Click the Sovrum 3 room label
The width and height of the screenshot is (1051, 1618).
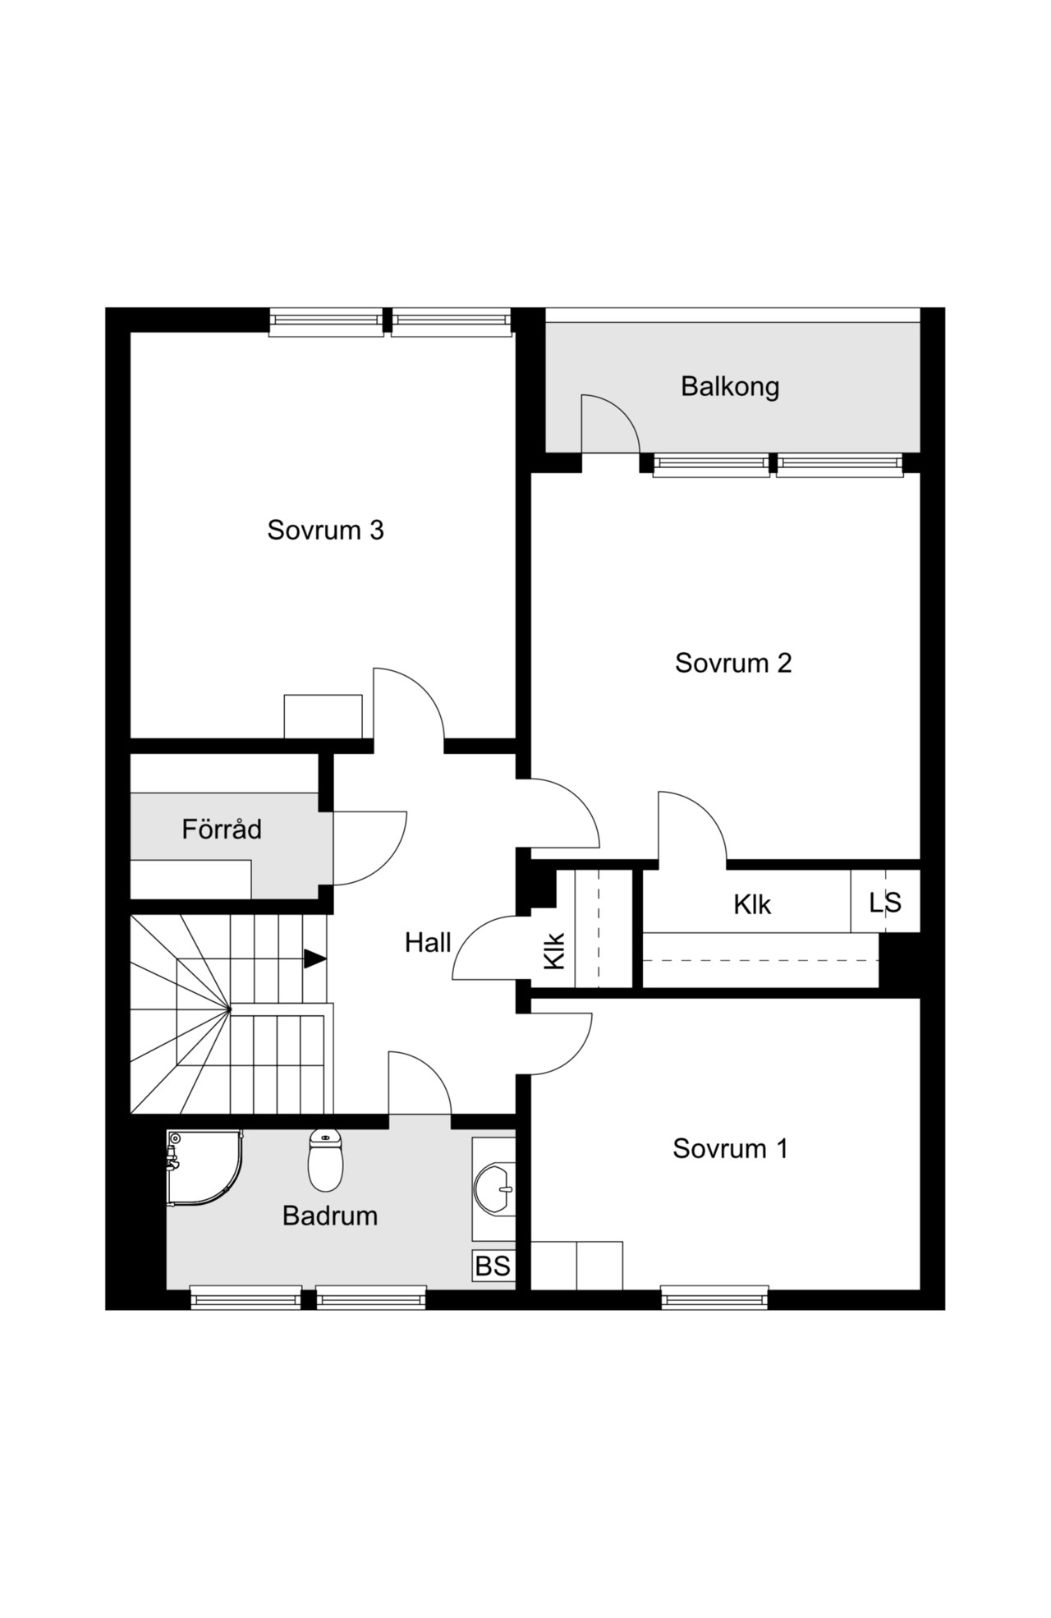(x=325, y=530)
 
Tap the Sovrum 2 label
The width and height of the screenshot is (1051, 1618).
(x=733, y=663)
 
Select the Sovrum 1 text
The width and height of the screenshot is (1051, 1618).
(x=730, y=1148)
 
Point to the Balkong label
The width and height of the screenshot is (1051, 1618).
(x=730, y=386)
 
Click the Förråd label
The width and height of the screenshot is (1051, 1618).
(x=222, y=829)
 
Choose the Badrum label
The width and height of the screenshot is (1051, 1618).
(x=330, y=1216)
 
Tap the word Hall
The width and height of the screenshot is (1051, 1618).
(x=428, y=942)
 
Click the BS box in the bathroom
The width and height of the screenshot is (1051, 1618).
(x=493, y=1266)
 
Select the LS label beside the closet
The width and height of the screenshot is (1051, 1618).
(x=885, y=903)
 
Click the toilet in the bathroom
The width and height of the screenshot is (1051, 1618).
(x=326, y=1160)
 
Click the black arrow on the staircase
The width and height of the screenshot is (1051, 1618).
(x=315, y=958)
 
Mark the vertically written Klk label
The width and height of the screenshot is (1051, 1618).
(x=555, y=950)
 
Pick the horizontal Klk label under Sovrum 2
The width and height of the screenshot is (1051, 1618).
(x=752, y=904)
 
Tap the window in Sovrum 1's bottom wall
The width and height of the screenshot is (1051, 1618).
(x=714, y=1297)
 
